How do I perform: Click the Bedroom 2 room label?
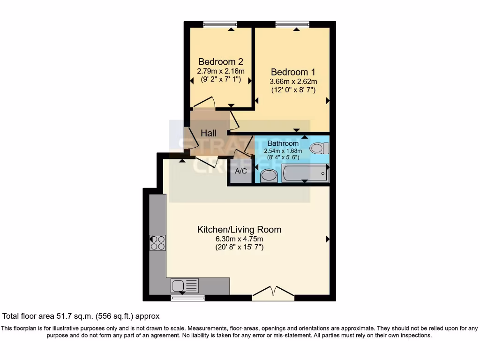click(220, 61)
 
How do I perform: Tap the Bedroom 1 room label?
click(293, 72)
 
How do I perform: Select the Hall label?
click(209, 134)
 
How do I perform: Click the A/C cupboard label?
click(241, 171)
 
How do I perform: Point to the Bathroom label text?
click(283, 143)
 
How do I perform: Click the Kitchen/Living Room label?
click(239, 230)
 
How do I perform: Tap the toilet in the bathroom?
click(319, 149)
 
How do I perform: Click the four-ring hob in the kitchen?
click(157, 243)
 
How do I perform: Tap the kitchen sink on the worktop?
click(185, 285)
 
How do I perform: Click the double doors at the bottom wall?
click(273, 293)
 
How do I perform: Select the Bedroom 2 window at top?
click(220, 24)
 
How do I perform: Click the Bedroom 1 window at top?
click(292, 24)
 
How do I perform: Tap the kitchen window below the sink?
click(187, 298)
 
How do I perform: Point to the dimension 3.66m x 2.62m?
click(293, 82)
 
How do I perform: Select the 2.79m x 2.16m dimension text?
click(220, 71)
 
